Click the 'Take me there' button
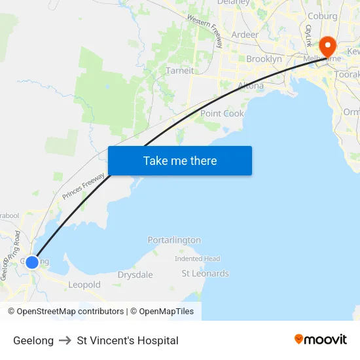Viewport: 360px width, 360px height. [180, 160]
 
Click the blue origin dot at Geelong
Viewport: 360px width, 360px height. [31, 262]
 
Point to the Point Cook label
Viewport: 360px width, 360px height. [222, 113]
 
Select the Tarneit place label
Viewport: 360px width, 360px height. [179, 71]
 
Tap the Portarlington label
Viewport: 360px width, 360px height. [174, 240]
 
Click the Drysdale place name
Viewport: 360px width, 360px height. [135, 275]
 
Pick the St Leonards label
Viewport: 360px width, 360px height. [205, 274]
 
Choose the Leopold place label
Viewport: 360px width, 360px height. [84, 285]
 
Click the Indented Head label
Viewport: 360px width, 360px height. [197, 259]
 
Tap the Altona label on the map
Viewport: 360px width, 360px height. [251, 86]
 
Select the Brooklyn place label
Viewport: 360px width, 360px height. [264, 59]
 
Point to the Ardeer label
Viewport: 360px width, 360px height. [245, 35]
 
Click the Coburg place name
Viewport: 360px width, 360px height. [322, 16]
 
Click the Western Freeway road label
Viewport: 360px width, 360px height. [206, 31]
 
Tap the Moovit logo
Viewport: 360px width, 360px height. [320, 339]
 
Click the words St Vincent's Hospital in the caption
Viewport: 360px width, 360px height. [128, 340]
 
